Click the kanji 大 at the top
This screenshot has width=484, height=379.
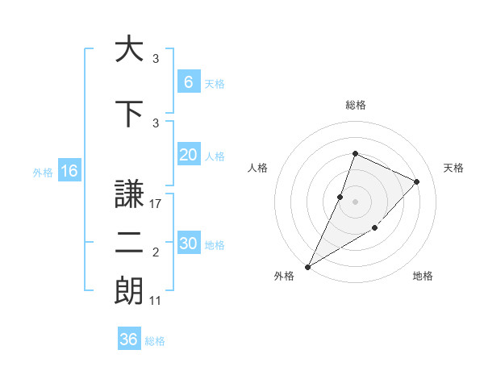129,49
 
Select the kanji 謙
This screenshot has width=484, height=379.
129,194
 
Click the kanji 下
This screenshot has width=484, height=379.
129,114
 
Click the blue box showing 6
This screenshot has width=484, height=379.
188,81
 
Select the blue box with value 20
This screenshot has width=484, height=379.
188,155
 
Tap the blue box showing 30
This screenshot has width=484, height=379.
188,244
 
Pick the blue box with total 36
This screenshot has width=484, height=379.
129,339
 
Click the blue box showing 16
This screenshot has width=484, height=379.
69,171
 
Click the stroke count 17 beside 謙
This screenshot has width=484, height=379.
156,204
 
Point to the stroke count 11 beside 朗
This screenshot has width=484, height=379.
156,301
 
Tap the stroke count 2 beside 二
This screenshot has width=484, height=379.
156,253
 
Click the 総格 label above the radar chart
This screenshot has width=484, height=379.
356,105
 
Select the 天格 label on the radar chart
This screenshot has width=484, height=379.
454,168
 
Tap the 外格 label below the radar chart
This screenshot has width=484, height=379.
284,276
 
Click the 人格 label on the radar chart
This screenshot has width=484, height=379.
257,168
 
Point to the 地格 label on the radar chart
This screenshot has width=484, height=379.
423,276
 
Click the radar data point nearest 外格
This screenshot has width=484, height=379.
308,266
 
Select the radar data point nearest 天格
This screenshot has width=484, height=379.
416,181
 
